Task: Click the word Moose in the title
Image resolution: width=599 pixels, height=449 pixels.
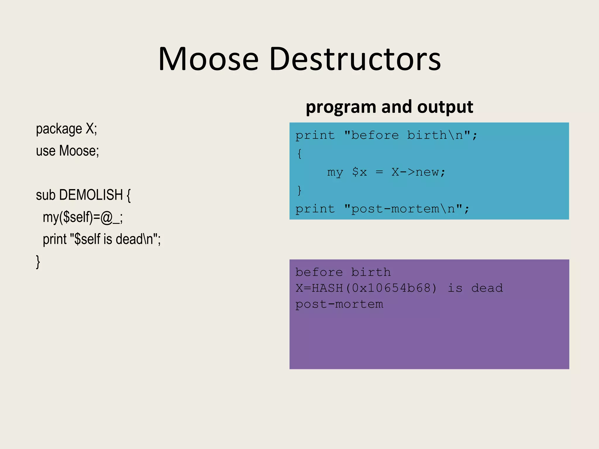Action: (x=209, y=59)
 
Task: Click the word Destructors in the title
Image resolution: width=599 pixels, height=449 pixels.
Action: (x=355, y=59)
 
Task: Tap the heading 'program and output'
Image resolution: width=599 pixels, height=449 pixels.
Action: (x=389, y=107)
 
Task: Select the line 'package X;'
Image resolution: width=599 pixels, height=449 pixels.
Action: (x=66, y=129)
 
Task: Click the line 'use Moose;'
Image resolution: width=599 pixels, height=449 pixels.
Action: (x=67, y=151)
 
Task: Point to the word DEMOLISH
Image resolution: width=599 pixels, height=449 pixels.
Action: (x=91, y=195)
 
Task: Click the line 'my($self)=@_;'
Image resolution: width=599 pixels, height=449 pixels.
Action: (x=83, y=217)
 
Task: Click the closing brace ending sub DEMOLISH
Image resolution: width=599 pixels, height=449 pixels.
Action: (x=38, y=261)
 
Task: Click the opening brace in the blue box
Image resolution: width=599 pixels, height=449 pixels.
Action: (x=299, y=153)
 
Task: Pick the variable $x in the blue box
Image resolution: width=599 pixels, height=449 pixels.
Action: (x=359, y=172)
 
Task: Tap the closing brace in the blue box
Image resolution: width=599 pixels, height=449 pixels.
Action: (x=299, y=190)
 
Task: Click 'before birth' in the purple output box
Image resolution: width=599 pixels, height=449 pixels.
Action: (x=343, y=272)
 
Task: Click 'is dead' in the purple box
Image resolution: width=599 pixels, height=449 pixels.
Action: (x=475, y=288)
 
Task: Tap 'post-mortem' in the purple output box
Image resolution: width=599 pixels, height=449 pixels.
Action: (x=339, y=304)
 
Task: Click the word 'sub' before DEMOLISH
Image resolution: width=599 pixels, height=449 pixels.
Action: (x=46, y=195)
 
